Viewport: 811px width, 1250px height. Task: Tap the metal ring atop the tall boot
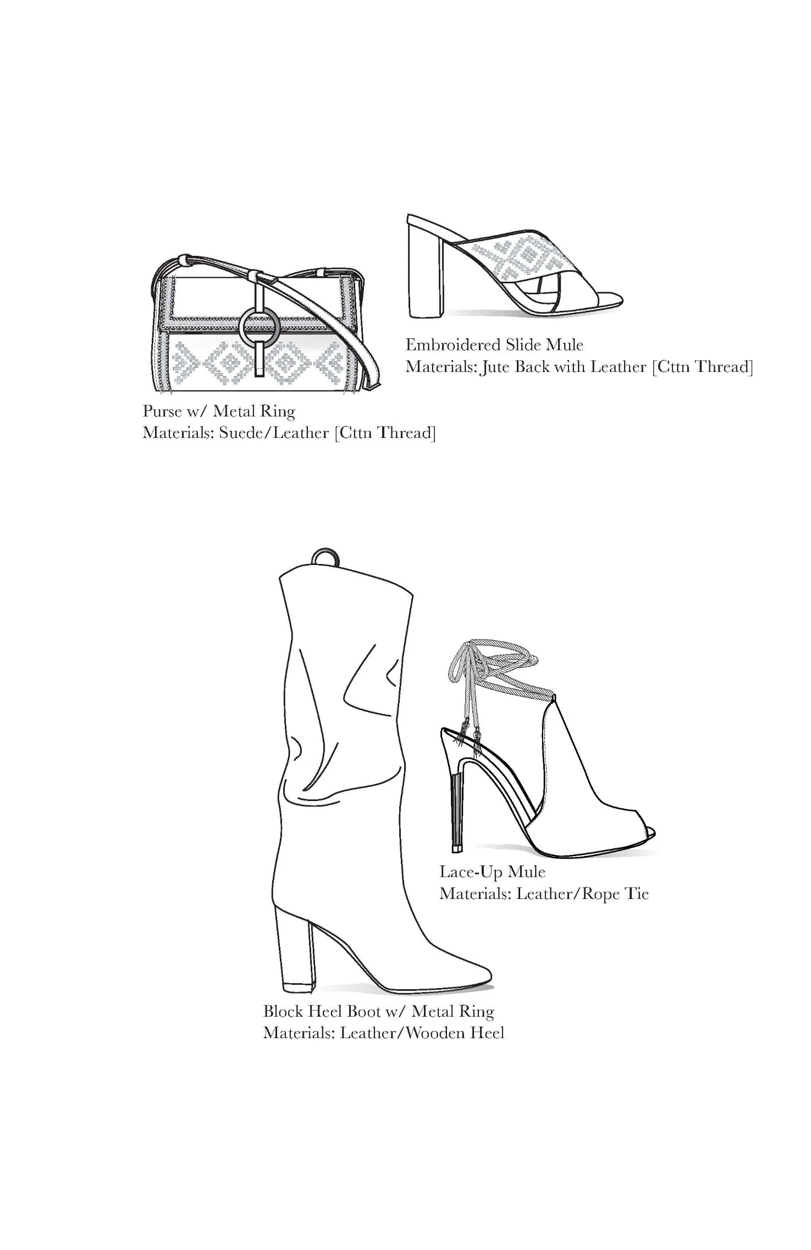(324, 557)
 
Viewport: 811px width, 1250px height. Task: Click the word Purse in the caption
(162, 412)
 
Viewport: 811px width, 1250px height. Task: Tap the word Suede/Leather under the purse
(273, 433)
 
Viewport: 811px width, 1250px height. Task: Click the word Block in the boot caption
(284, 1011)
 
